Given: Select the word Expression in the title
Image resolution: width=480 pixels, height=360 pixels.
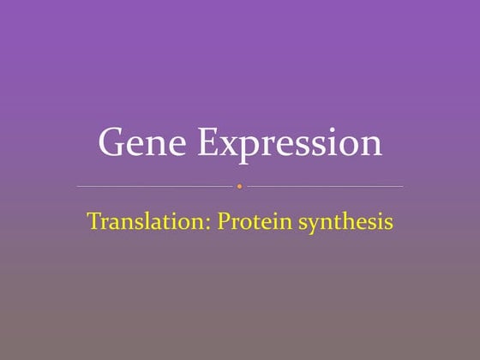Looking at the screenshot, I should (290, 143).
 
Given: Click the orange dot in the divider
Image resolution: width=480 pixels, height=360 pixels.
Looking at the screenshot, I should (240, 186).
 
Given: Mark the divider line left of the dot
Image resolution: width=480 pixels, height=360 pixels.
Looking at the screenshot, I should (154, 186).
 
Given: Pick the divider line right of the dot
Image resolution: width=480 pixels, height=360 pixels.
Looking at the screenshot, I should (326, 186).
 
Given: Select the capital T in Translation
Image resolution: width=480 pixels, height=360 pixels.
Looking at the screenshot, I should (93, 221).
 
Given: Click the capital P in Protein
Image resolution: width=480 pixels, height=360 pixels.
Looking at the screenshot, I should (223, 221).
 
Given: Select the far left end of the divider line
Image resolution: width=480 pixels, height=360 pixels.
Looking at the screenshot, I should (78, 186).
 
